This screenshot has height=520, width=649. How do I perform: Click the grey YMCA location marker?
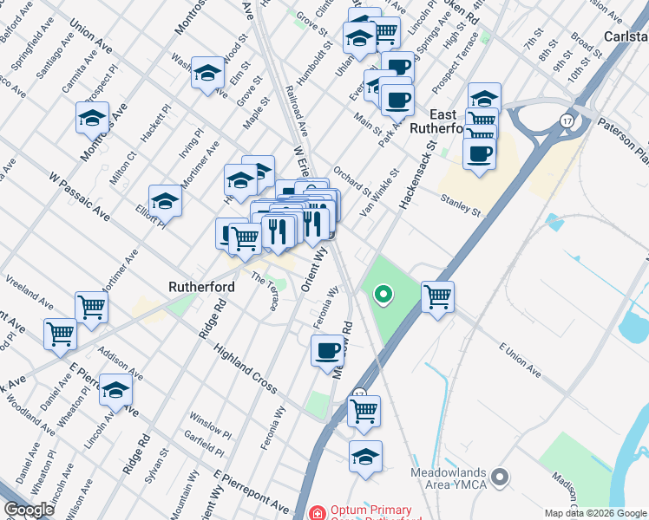tap(499, 477)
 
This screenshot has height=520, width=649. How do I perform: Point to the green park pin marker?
tap(382, 296)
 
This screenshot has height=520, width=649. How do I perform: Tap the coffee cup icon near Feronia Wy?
tap(327, 351)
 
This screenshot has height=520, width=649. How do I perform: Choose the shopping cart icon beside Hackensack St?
tap(438, 296)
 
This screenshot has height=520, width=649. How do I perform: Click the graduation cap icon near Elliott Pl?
tap(165, 202)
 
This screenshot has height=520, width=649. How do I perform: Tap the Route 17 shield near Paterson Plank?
tap(567, 119)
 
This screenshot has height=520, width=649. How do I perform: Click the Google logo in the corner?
tap(29, 510)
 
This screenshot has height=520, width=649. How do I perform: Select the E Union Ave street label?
tap(519, 360)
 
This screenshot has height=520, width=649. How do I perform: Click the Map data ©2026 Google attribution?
tap(595, 513)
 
